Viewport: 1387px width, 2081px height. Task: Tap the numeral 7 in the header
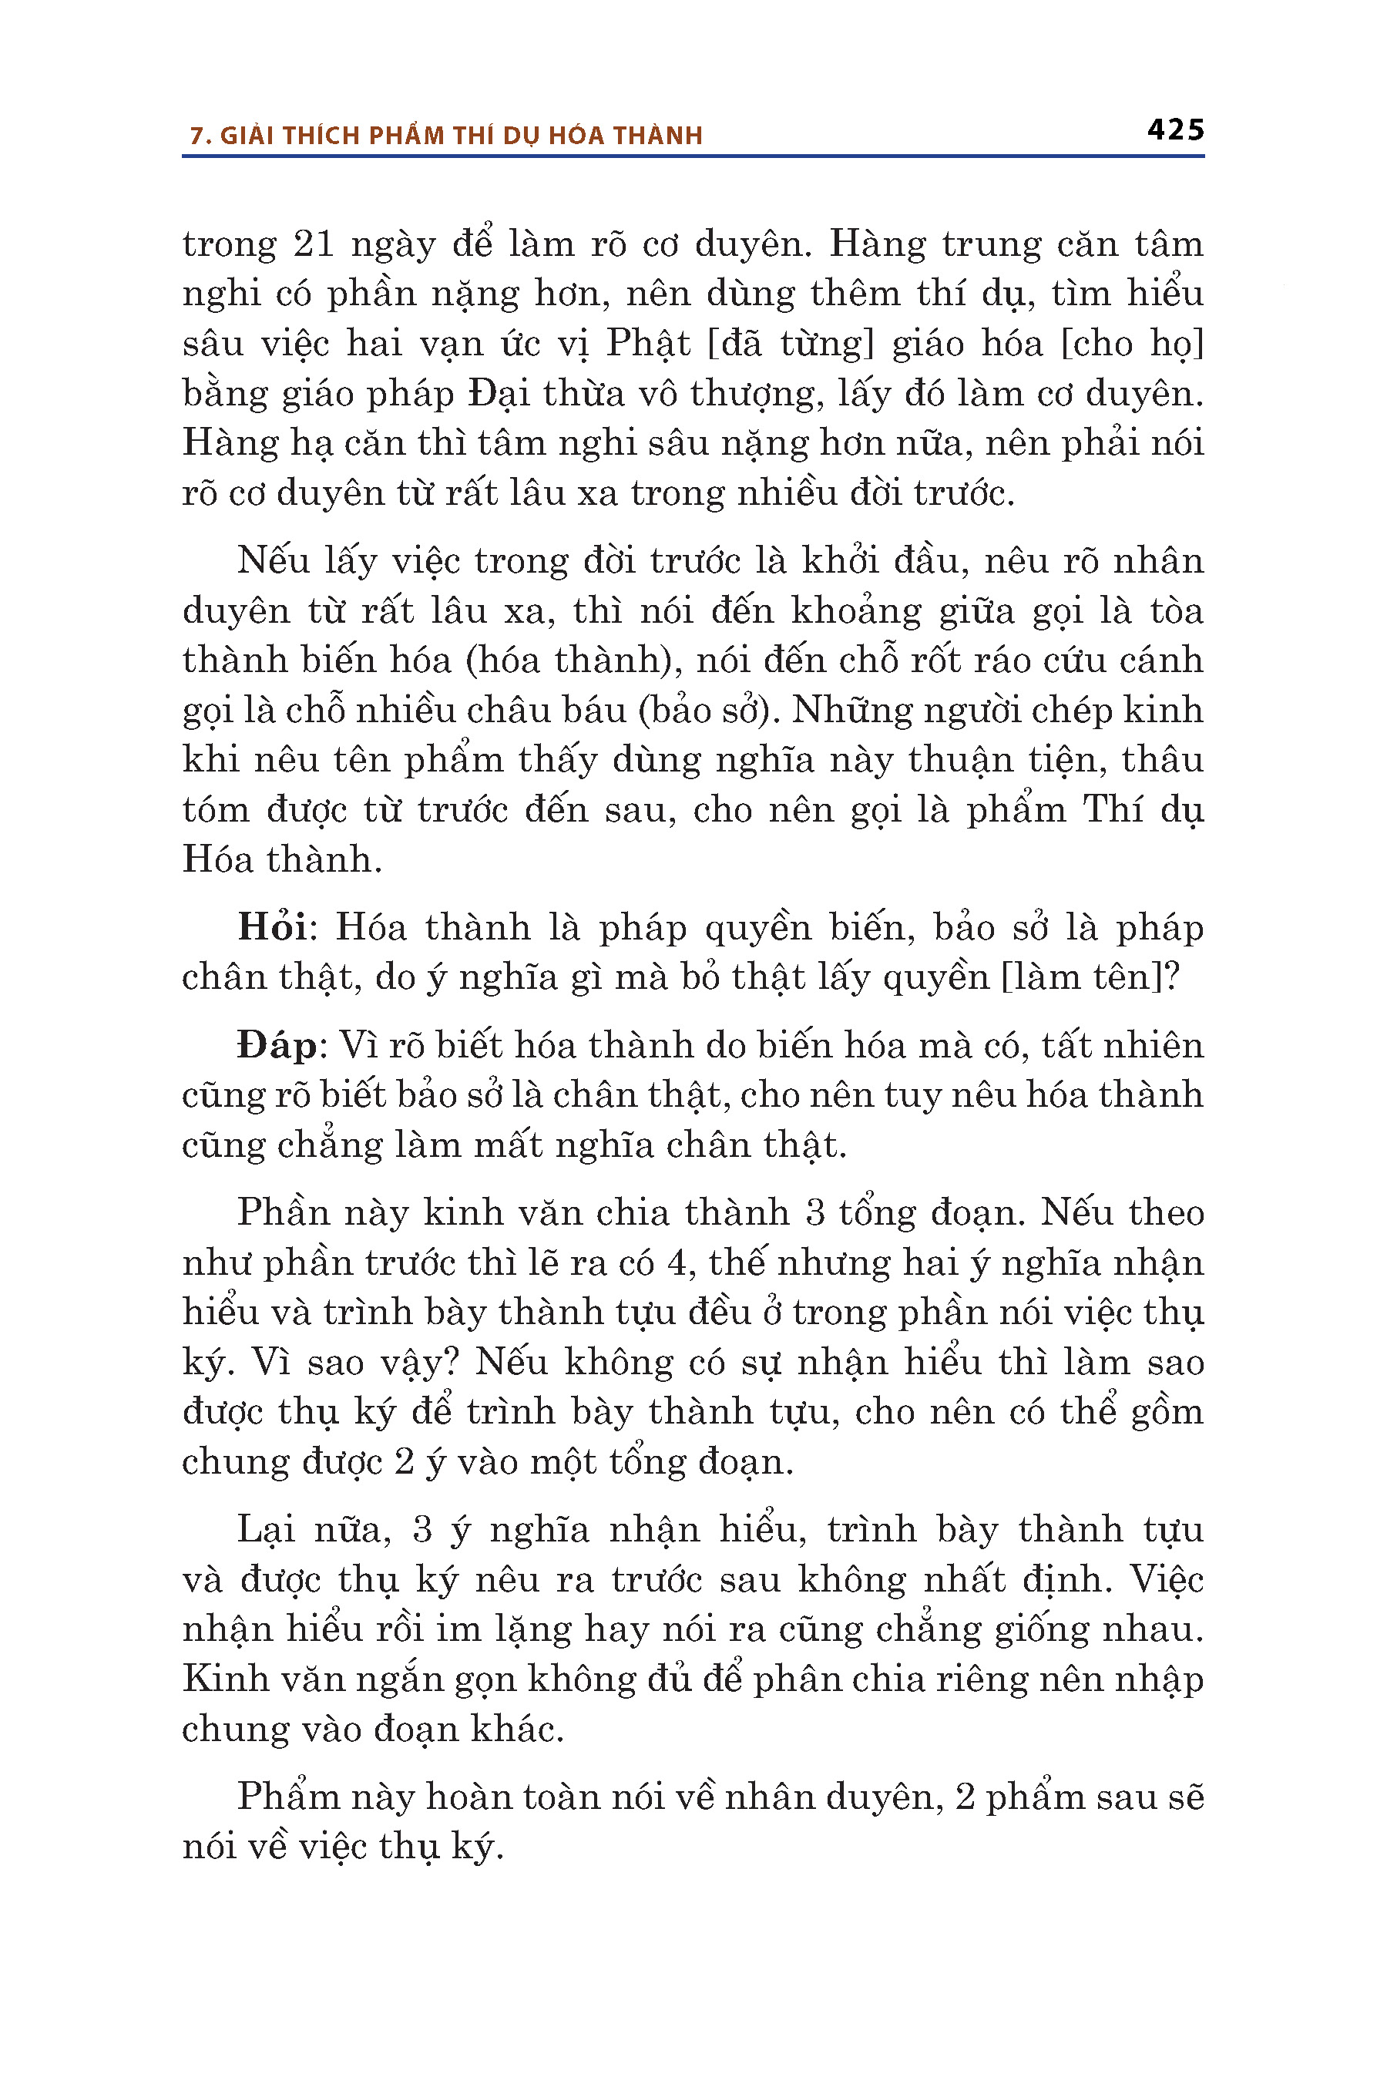197,136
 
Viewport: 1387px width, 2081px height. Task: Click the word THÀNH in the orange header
658,136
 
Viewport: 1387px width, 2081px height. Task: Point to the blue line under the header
693,156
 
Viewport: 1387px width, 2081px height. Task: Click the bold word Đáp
277,1046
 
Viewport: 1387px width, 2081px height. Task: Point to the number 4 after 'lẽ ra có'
677,1262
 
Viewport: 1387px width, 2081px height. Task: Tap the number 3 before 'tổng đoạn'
814,1213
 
